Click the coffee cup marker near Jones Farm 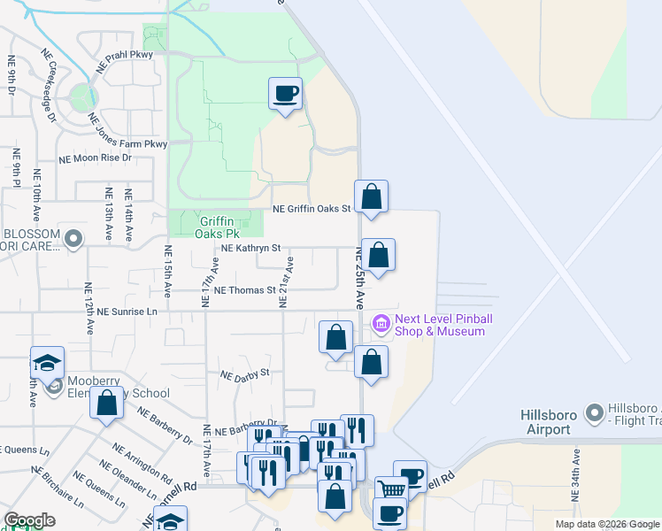(x=285, y=94)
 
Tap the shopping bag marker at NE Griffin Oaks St (x=372, y=196)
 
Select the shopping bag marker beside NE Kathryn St (x=378, y=256)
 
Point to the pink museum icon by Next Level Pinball (x=381, y=325)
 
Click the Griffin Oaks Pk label (x=218, y=227)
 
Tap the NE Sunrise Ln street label (x=127, y=312)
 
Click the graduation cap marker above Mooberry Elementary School (x=47, y=362)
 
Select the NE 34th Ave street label (x=576, y=477)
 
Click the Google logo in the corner (x=29, y=520)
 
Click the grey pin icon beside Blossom (x=73, y=238)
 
